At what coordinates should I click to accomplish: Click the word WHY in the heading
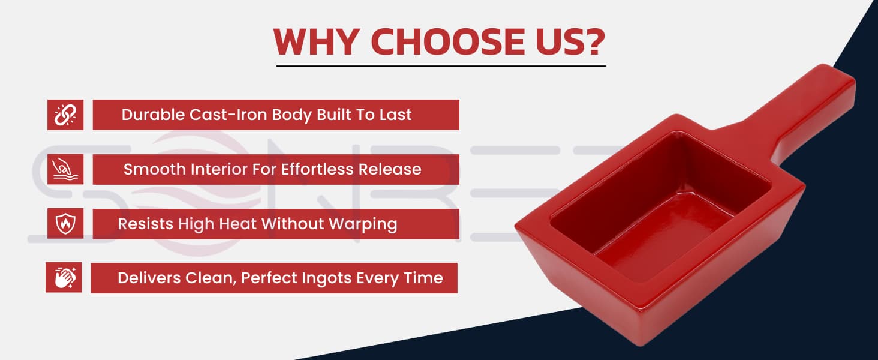(x=316, y=42)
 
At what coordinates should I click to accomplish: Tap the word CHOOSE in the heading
(x=447, y=42)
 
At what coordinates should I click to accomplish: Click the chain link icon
(x=65, y=115)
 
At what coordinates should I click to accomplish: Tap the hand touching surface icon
(x=65, y=169)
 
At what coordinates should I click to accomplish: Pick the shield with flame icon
(x=65, y=224)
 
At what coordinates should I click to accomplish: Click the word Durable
(x=153, y=115)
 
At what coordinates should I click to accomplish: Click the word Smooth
(x=155, y=169)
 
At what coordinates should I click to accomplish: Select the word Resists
(x=146, y=224)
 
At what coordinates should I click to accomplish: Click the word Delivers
(x=149, y=278)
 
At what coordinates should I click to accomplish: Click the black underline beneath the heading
(x=441, y=66)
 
